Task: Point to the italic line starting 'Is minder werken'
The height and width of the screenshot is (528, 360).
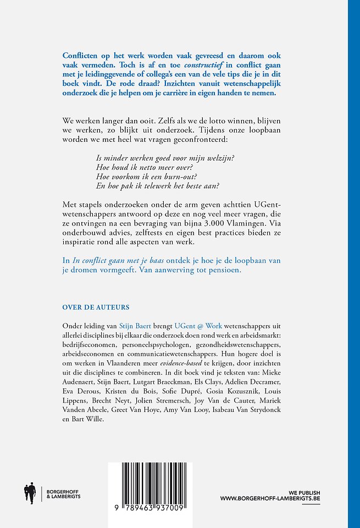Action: tap(164, 158)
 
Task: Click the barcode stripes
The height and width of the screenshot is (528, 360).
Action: tap(157, 485)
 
